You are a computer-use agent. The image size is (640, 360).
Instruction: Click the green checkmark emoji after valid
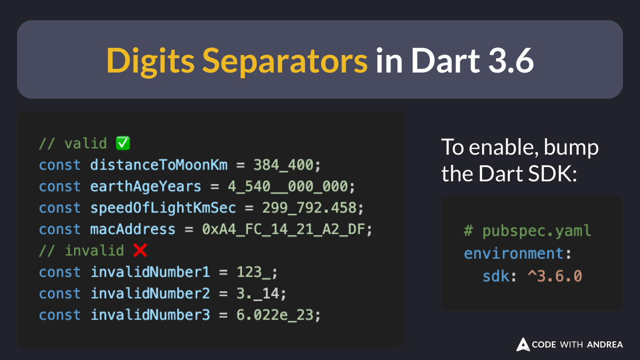(123, 143)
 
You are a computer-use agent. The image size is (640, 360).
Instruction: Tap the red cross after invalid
(140, 250)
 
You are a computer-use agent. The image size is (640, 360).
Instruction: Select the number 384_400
(283, 165)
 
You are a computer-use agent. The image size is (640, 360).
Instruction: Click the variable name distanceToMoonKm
(159, 165)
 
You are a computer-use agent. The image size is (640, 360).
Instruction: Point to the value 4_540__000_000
(287, 187)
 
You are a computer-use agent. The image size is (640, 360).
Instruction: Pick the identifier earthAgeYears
(146, 187)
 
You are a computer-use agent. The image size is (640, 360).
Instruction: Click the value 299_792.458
(309, 207)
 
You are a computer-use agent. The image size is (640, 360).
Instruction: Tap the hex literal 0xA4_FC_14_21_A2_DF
(283, 229)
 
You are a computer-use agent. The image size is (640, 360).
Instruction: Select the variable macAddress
(133, 229)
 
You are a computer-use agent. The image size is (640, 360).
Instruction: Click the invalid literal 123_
(253, 272)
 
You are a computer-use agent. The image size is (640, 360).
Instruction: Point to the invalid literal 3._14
(258, 293)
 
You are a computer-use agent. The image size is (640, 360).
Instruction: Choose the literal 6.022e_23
(275, 315)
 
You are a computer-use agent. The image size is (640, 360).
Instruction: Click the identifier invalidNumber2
(150, 293)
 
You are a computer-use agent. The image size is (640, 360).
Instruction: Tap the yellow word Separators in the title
(285, 61)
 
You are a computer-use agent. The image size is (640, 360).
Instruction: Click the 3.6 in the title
(511, 61)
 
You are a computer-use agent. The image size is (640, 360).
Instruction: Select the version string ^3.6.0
(555, 276)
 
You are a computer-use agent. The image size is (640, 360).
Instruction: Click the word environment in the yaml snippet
(514, 253)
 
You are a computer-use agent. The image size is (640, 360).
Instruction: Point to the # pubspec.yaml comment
(527, 231)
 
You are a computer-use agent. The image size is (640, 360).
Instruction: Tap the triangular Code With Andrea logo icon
(523, 345)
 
